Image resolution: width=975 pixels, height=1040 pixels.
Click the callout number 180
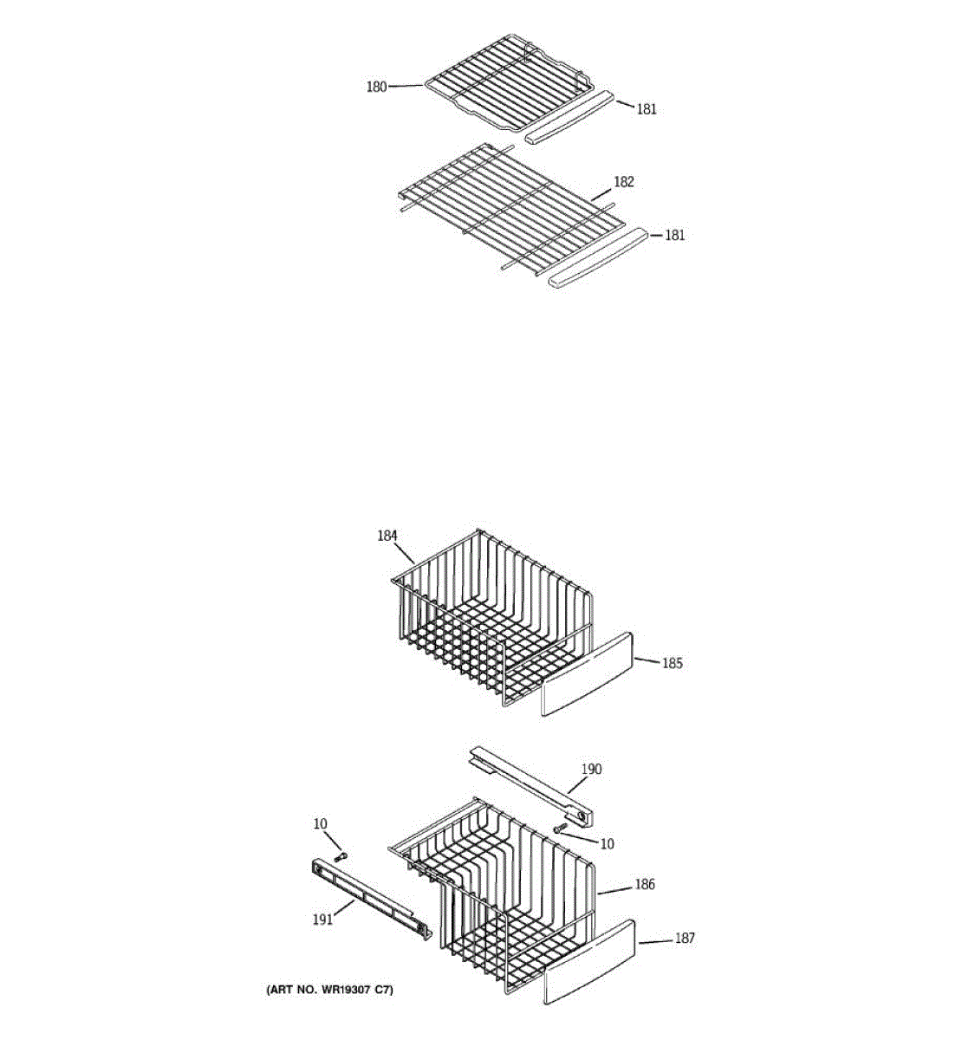(376, 87)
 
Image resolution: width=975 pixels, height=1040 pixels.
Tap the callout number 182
(624, 182)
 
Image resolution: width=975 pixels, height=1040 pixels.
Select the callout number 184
(387, 536)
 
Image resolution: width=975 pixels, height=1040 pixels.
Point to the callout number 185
(673, 664)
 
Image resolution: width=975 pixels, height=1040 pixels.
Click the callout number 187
(685, 938)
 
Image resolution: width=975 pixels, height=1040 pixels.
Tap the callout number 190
(591, 769)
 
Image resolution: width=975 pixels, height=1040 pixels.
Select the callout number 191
(322, 920)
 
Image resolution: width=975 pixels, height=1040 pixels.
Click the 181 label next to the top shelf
(647, 109)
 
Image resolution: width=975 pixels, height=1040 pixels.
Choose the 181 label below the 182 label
(674, 235)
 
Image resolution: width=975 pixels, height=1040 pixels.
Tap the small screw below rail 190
(560, 829)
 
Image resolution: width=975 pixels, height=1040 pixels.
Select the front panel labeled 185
(587, 674)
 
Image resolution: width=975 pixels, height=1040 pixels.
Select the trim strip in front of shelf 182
(597, 257)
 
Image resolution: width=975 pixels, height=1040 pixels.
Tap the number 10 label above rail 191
(321, 823)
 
